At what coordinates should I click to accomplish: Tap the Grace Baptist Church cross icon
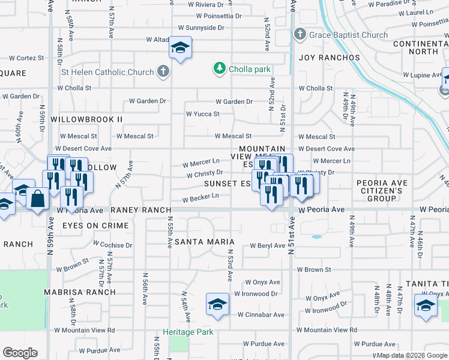[x=300, y=35]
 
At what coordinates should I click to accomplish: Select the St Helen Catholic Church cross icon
[x=161, y=73]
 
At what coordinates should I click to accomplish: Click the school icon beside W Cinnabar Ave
[x=217, y=304]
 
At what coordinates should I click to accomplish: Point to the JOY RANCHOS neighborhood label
[x=330, y=58]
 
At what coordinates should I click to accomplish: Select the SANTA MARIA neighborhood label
[x=204, y=241]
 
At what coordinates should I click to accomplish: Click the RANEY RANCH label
[x=137, y=210]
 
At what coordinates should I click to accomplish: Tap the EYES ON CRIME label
[x=95, y=226]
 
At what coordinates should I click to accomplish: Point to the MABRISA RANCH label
[x=80, y=292]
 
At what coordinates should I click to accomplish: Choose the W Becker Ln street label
[x=200, y=197]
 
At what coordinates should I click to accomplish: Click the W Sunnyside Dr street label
[x=201, y=28]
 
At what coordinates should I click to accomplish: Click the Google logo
[x=20, y=353]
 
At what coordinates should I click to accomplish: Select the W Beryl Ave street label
[x=266, y=245]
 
